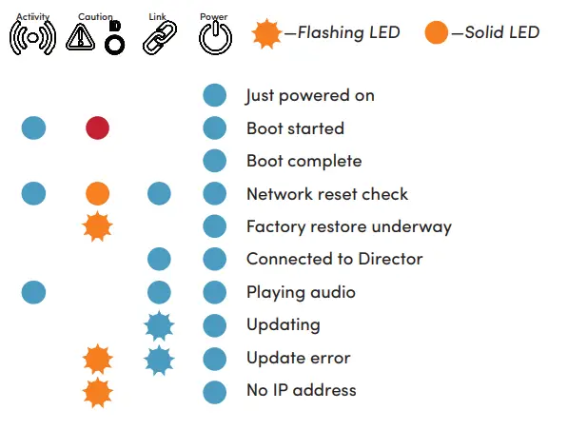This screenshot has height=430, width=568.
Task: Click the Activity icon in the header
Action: (32, 37)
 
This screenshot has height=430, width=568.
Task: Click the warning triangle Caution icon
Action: (81, 37)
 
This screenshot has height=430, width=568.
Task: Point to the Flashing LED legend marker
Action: (267, 33)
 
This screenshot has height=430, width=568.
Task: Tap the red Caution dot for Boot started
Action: (97, 128)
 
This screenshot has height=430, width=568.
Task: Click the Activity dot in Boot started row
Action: (33, 128)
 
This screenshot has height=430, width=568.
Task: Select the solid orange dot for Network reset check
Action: (97, 194)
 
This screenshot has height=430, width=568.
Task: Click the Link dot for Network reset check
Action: (159, 194)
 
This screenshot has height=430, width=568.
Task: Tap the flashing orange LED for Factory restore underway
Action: (97, 226)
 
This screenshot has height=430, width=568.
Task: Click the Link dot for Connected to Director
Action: (159, 259)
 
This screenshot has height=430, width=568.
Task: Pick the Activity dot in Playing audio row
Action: (33, 292)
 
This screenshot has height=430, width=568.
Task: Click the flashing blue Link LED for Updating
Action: (159, 325)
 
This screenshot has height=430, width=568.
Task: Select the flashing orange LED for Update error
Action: (97, 359)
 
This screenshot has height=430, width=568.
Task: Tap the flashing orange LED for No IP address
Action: (97, 391)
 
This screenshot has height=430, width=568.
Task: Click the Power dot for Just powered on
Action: (215, 95)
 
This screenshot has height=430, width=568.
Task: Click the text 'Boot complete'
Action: (304, 161)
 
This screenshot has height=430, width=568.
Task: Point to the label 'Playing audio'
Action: (301, 292)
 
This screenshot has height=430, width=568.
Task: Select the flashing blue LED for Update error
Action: (159, 359)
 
